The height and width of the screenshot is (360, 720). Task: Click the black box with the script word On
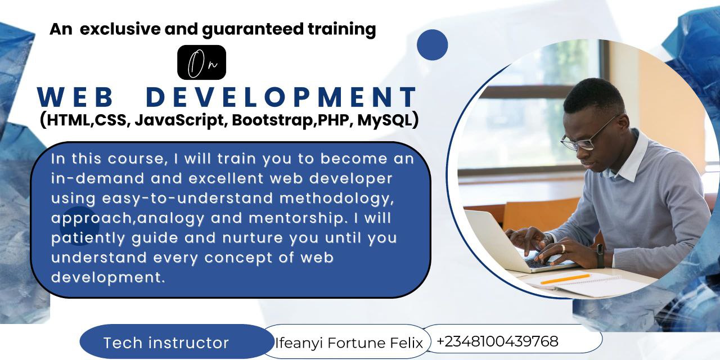click(201, 62)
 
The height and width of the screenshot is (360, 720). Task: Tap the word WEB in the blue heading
click(75, 97)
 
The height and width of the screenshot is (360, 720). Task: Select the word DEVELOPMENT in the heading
click(282, 97)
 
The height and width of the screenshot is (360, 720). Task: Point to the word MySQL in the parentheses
click(385, 120)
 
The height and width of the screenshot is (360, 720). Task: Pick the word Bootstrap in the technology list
click(273, 120)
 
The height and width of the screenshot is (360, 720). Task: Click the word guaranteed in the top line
click(253, 29)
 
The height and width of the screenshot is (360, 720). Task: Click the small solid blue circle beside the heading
click(433, 44)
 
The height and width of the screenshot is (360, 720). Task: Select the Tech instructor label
click(166, 343)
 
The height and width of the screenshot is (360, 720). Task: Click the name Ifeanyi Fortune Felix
click(349, 343)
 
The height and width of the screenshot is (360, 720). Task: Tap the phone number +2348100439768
click(498, 341)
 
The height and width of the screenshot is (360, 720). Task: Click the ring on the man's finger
click(563, 249)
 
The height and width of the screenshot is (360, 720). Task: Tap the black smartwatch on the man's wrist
click(600, 256)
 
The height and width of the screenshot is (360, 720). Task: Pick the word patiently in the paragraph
click(88, 238)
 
